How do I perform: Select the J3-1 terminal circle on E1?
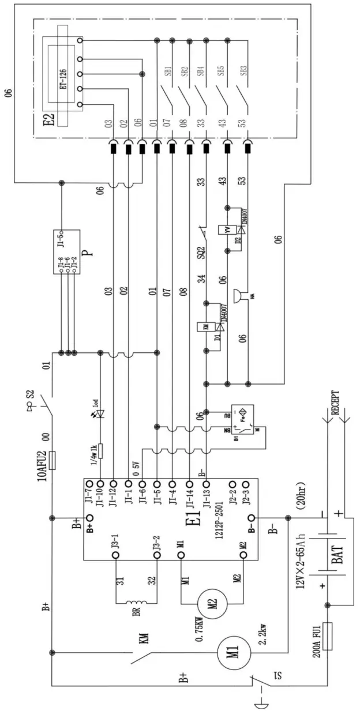115,554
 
